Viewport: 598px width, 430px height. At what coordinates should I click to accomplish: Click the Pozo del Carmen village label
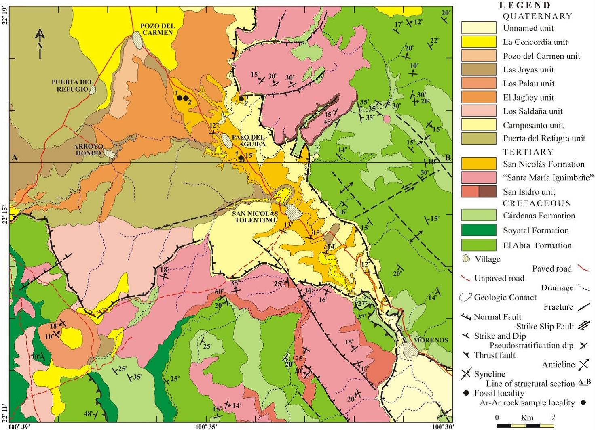(157, 29)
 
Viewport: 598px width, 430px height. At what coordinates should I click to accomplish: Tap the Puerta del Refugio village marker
(93, 90)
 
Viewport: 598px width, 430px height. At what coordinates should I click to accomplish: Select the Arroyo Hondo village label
(88, 150)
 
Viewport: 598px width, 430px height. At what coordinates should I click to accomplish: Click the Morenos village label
(430, 340)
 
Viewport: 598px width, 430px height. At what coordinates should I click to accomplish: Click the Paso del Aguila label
(248, 141)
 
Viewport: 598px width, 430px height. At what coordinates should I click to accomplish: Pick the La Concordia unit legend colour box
(479, 42)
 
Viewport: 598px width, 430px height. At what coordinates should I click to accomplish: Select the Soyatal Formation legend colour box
(479, 230)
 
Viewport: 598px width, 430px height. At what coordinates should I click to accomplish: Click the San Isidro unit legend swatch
(479, 191)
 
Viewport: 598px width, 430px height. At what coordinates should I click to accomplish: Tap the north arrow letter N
(40, 46)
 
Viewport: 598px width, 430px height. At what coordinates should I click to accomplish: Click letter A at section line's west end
(15, 157)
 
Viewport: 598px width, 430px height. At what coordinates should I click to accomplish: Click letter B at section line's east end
(448, 157)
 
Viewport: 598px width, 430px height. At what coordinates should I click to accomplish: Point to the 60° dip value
(219, 292)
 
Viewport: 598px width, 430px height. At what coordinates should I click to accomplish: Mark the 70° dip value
(36, 357)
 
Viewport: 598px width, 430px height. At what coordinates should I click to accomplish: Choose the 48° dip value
(88, 414)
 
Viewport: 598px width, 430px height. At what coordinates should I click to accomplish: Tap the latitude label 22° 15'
(5, 214)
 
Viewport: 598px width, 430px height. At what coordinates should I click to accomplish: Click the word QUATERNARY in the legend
(537, 16)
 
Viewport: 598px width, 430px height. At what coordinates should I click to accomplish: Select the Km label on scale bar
(527, 417)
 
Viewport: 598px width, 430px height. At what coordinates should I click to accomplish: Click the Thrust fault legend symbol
(466, 355)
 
